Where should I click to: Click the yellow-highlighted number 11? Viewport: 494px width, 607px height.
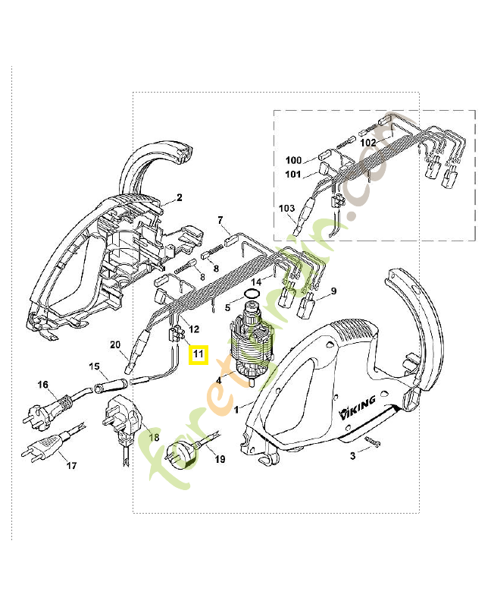tap(198, 354)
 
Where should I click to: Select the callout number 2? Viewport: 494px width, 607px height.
tap(180, 198)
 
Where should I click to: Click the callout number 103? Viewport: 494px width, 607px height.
tap(286, 207)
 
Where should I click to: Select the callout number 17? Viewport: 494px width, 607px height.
tap(71, 465)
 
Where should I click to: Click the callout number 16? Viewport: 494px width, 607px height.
tap(43, 385)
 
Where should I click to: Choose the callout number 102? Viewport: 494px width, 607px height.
tap(368, 142)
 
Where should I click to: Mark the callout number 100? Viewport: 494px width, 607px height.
tap(293, 160)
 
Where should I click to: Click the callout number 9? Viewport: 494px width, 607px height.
tap(333, 291)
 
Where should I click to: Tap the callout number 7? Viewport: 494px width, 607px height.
tap(221, 220)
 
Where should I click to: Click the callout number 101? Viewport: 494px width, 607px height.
tap(293, 175)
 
